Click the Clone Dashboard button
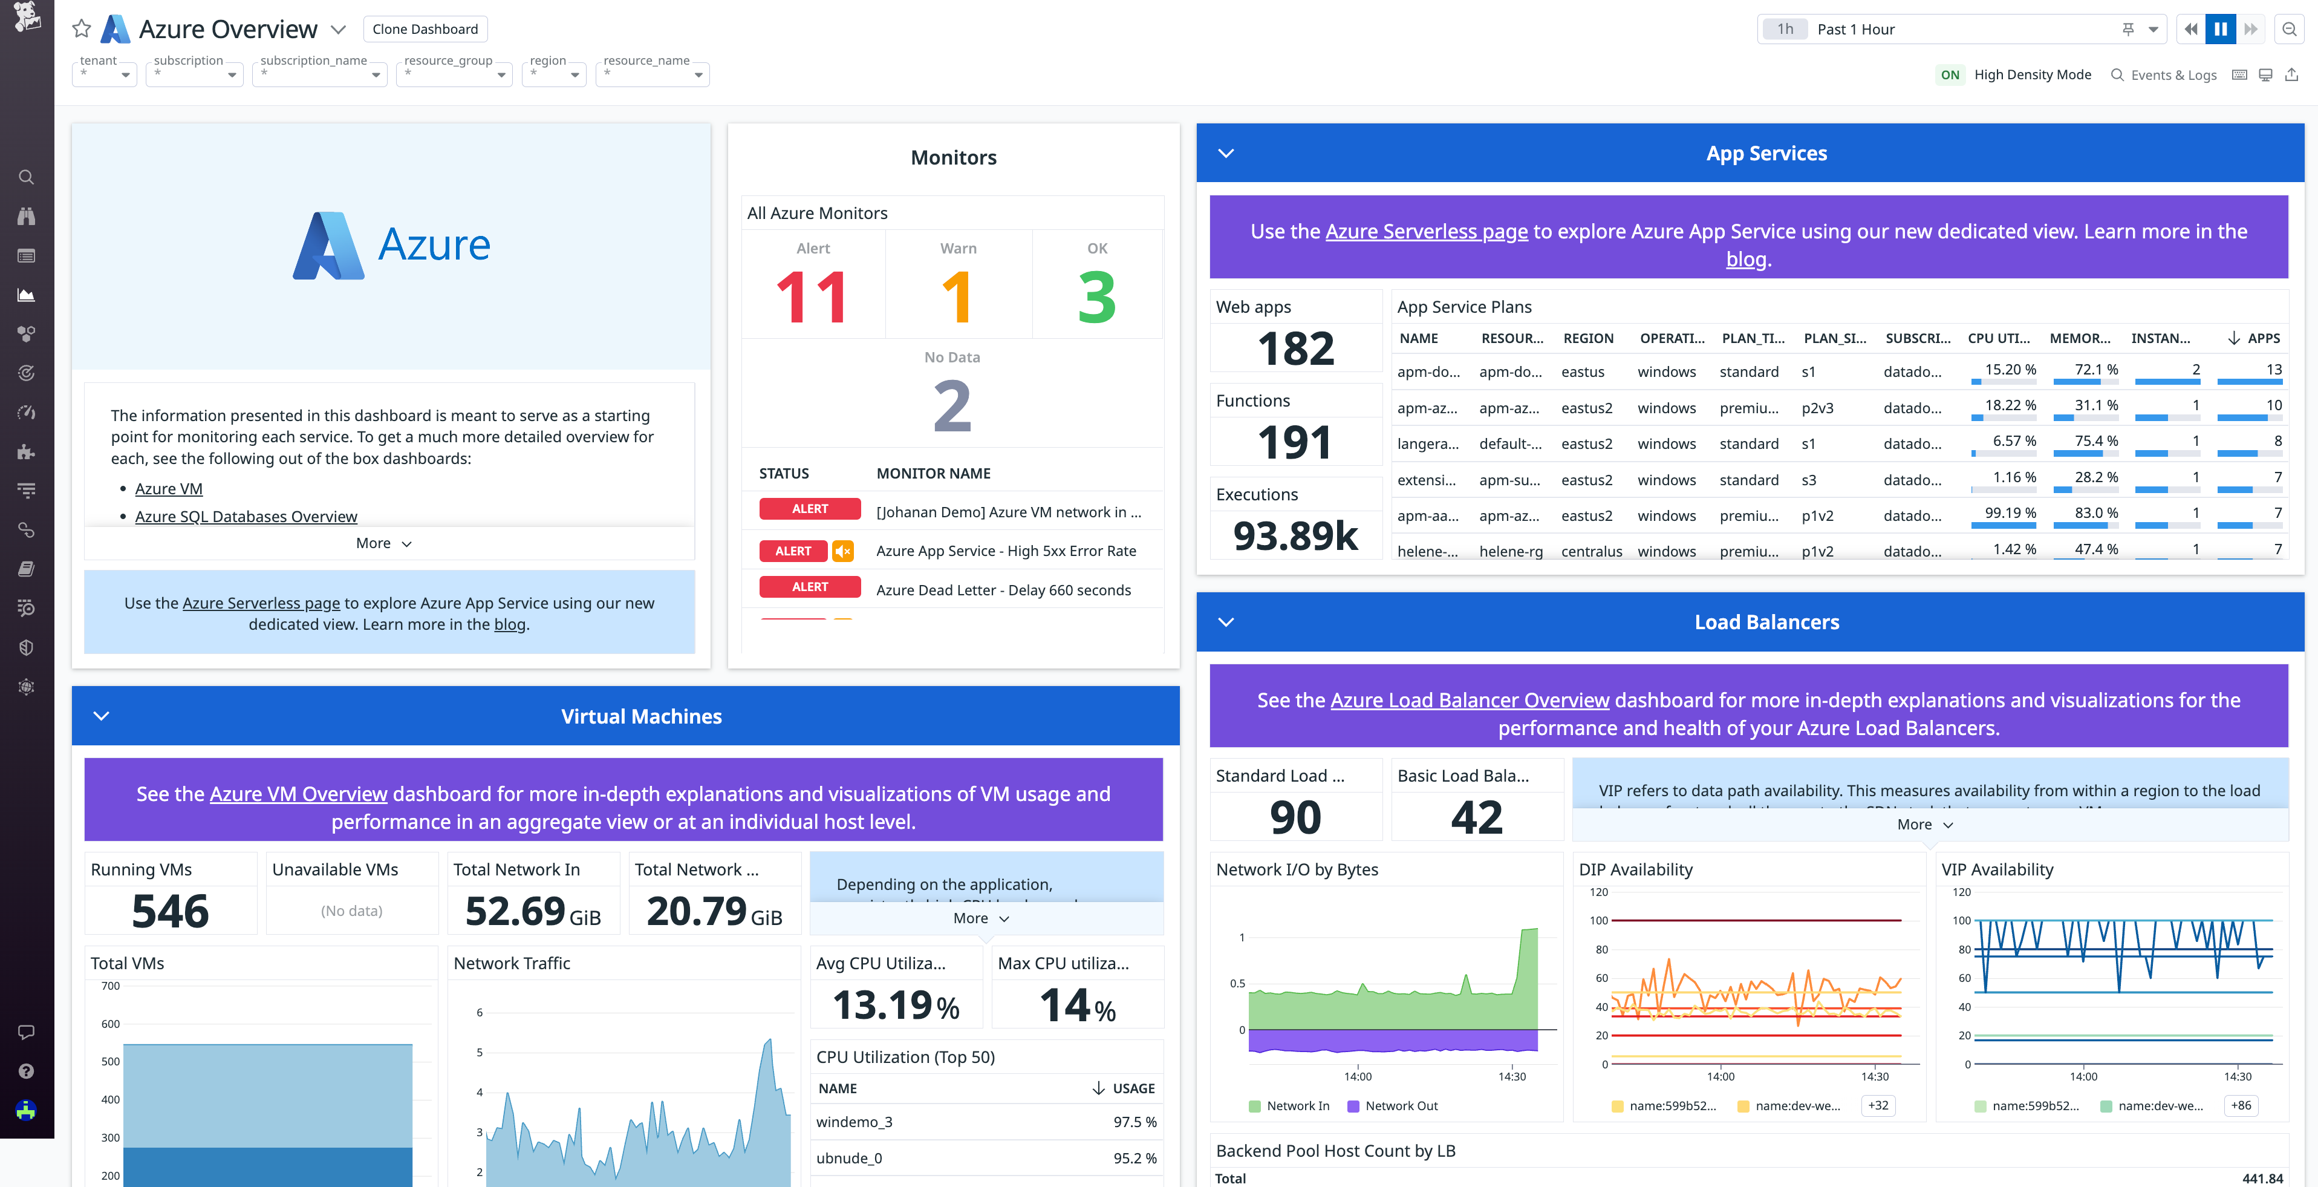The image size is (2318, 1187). point(425,29)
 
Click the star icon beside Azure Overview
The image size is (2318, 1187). point(82,29)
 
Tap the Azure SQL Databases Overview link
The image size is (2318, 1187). point(246,517)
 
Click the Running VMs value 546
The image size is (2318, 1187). point(170,911)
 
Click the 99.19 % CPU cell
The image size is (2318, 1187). point(2010,513)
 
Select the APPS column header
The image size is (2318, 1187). point(2262,338)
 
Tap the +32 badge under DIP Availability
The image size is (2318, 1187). point(1877,1105)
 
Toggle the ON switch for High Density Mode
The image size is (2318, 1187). point(1949,74)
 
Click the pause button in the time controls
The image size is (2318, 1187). point(2220,29)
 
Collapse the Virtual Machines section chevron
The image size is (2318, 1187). point(102,716)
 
